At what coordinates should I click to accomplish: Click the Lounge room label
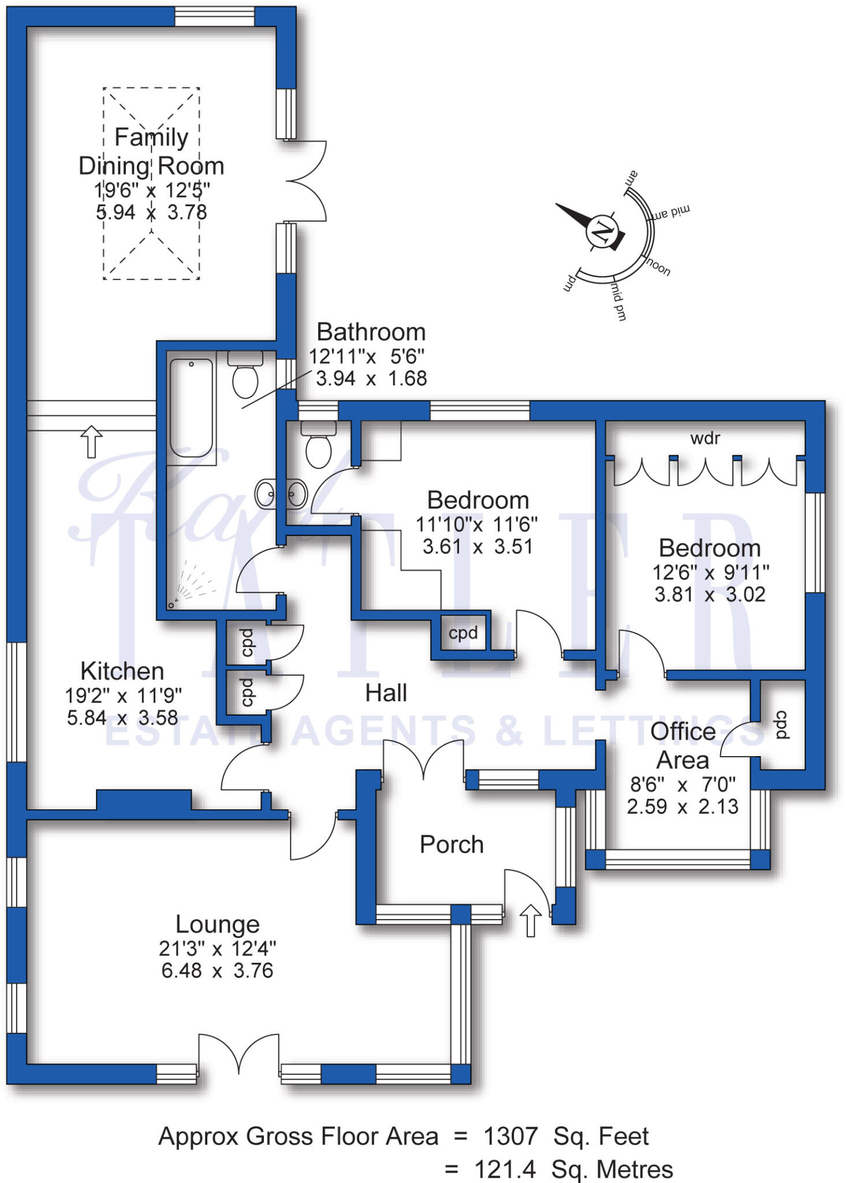click(217, 924)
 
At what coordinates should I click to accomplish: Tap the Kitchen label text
click(122, 671)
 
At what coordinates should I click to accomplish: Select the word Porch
click(452, 845)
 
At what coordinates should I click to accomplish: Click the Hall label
click(386, 693)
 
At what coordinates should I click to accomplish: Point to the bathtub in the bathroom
click(191, 408)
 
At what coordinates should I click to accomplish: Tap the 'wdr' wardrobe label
click(705, 438)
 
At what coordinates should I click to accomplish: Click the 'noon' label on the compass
click(658, 267)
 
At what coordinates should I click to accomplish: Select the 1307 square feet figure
click(510, 1136)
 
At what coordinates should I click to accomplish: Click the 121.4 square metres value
click(505, 1169)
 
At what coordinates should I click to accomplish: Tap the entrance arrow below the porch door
click(531, 920)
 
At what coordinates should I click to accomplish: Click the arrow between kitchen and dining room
click(91, 441)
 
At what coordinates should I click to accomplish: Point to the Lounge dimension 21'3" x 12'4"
click(217, 948)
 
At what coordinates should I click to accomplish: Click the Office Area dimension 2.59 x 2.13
click(683, 806)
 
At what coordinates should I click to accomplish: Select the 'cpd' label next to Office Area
click(781, 725)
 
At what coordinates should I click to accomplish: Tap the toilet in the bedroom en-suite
click(318, 444)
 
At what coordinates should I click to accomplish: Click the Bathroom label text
click(371, 332)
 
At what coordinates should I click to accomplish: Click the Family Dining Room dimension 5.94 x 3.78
click(151, 212)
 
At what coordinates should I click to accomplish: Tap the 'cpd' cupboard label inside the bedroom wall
click(463, 634)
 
